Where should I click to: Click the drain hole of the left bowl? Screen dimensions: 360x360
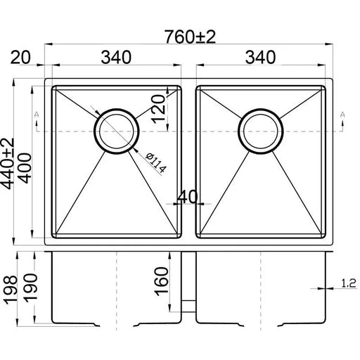[115, 130]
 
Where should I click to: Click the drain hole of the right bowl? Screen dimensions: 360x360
[262, 130]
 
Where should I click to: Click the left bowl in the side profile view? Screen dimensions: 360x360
[115, 288]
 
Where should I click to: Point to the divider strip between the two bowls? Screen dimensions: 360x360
[188, 162]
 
